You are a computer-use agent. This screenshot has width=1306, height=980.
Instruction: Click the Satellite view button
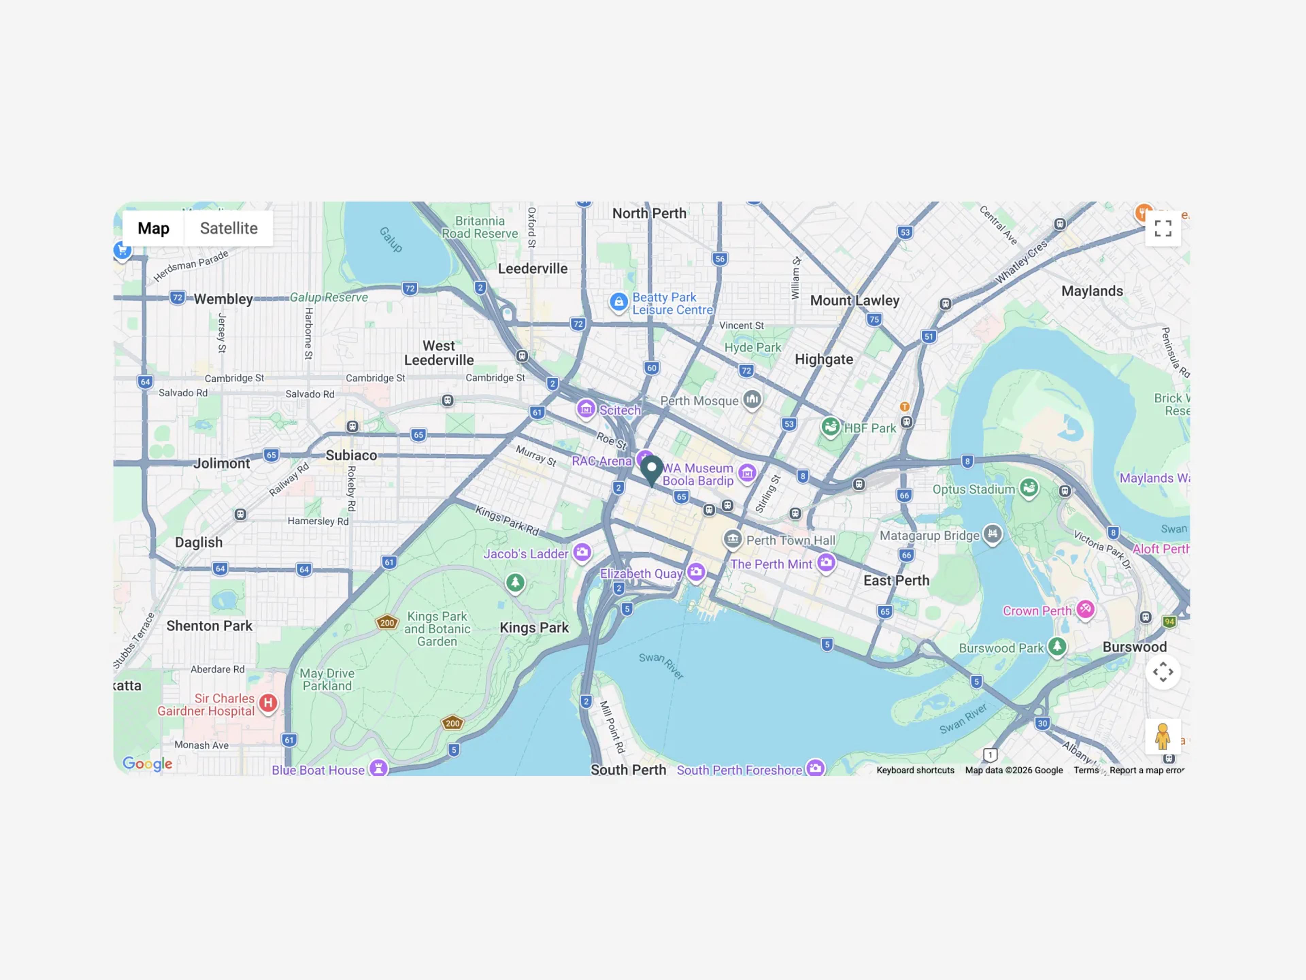(x=229, y=229)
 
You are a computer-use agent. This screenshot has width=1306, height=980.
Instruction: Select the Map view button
(x=153, y=229)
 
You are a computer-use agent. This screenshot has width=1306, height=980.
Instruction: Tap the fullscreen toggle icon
(x=1162, y=229)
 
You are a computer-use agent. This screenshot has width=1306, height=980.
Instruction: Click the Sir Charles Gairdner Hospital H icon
(x=268, y=703)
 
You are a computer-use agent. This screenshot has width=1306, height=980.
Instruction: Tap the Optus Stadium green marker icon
(x=1028, y=488)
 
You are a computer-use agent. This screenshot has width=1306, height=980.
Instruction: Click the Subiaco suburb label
(x=351, y=455)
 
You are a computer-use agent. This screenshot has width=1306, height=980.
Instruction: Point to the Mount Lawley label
(x=854, y=301)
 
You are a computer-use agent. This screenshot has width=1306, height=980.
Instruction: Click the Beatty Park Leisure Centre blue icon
(x=618, y=303)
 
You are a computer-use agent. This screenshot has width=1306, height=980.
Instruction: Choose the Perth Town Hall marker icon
(x=733, y=539)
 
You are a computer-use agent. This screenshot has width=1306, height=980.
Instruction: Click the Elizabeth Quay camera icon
(x=696, y=571)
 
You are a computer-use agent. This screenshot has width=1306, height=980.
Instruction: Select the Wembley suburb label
(x=223, y=299)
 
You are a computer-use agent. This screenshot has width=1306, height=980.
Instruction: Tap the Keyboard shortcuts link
(x=915, y=770)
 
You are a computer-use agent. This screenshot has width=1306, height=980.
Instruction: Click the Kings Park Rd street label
(x=506, y=520)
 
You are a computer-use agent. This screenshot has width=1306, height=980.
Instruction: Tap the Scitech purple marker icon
(x=586, y=408)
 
